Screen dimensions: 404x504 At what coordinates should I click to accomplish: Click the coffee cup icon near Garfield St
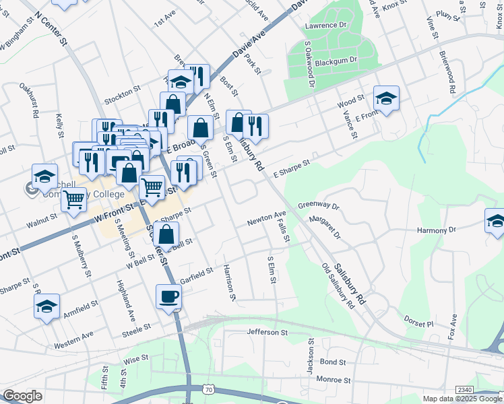168,296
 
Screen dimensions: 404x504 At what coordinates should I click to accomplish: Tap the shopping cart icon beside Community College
73,199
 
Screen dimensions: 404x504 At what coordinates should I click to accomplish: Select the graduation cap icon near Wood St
386,98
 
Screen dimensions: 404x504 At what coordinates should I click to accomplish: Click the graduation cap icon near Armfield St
46,306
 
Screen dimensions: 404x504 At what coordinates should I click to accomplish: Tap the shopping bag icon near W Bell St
166,236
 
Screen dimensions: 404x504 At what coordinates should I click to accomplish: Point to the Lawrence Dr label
325,25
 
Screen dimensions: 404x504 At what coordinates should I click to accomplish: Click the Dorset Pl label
419,323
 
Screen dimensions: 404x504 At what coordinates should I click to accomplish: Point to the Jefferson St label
267,332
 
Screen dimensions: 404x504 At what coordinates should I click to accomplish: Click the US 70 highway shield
209,390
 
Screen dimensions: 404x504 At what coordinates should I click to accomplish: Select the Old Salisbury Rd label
338,286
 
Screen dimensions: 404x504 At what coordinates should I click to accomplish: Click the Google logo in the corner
22,396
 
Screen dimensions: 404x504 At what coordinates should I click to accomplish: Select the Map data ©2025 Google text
462,399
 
